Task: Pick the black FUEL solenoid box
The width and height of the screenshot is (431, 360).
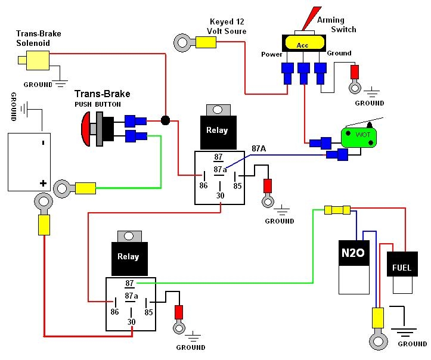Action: (401, 268)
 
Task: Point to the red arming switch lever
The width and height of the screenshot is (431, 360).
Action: (310, 18)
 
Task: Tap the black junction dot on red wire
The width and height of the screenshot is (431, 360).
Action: (165, 120)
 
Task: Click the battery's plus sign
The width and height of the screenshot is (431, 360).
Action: (42, 184)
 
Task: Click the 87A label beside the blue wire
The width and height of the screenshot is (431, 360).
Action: (259, 148)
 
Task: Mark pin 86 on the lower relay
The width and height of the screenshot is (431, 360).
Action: (114, 311)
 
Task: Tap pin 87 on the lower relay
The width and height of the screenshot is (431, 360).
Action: (129, 284)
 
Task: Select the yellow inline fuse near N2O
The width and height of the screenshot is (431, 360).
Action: (337, 210)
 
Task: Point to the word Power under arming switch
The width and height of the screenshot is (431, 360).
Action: (271, 54)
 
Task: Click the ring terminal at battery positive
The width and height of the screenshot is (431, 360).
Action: (43, 203)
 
